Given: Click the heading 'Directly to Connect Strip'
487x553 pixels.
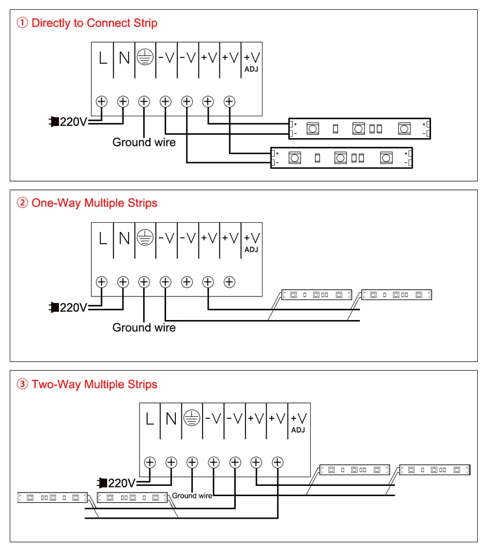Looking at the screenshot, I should pos(94,23).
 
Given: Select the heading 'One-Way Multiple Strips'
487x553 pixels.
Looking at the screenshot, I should pos(94,203).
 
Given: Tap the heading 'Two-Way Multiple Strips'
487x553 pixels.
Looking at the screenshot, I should pos(94,385).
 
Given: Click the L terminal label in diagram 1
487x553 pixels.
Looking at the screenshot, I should pos(103,58).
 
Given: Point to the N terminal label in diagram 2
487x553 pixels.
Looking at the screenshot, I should pos(124,239).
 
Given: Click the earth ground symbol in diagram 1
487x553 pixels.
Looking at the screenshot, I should pos(146,58).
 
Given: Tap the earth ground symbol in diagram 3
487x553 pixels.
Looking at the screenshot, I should pos(192,418).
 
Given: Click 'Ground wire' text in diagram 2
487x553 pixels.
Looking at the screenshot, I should pos(144,328).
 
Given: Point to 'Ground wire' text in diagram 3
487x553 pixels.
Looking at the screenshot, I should pos(192,496).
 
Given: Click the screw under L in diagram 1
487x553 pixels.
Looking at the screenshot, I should pos(102,101).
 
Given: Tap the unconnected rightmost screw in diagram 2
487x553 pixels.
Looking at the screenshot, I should pos(229,282).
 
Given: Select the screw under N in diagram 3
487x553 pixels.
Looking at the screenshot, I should pos(171,462).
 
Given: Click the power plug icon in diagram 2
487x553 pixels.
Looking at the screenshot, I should pos(54,307).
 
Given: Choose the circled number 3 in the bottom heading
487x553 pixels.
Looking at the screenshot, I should pos(23,385).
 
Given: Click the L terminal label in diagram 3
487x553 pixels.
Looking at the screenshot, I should pos(150,419).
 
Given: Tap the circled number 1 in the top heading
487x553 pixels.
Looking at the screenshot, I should pos(23,23).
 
